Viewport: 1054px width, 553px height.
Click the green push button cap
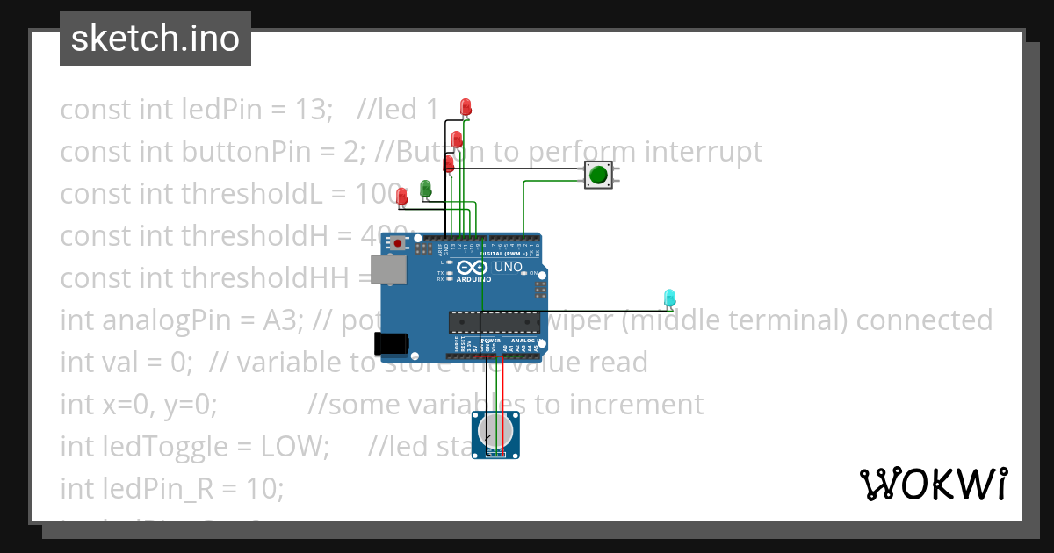(x=598, y=175)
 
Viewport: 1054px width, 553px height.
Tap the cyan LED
(x=669, y=298)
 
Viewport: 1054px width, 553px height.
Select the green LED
(x=426, y=188)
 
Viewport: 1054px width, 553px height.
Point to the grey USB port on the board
(x=387, y=269)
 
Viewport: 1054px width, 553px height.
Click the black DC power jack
(x=390, y=343)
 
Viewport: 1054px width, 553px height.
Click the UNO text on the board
(x=509, y=268)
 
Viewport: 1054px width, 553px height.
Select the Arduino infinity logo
(x=471, y=269)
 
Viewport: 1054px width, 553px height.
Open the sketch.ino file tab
(x=155, y=39)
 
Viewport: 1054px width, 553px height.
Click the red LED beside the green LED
(x=402, y=197)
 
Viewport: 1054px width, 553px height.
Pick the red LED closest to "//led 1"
(x=466, y=107)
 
